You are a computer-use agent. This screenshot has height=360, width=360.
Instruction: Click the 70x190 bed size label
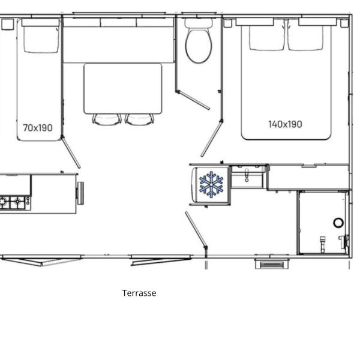tap(38, 128)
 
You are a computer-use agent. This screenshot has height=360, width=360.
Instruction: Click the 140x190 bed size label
tap(285, 124)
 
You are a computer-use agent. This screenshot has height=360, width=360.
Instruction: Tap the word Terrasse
tap(139, 293)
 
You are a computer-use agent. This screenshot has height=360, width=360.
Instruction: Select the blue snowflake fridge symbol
tap(211, 184)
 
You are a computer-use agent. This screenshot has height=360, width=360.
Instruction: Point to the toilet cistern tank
tap(199, 23)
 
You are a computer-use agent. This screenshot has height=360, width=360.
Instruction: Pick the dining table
tap(123, 89)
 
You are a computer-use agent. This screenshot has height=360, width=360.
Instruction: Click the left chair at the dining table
tap(107, 119)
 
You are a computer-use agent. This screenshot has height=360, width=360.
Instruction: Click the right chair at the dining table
tap(140, 119)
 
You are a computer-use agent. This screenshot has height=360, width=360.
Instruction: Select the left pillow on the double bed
tap(267, 37)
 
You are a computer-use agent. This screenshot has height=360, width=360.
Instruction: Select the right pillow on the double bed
tap(305, 37)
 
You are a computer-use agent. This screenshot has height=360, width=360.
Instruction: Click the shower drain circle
tap(338, 223)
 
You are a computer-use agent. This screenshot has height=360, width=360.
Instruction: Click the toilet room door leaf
tap(193, 100)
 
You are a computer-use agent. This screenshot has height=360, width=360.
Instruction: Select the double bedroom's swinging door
tap(212, 139)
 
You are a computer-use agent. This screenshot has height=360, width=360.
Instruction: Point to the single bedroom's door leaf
tap(71, 152)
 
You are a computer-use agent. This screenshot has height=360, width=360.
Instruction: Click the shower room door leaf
tap(196, 230)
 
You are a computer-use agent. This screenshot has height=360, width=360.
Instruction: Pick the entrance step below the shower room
tap(272, 264)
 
